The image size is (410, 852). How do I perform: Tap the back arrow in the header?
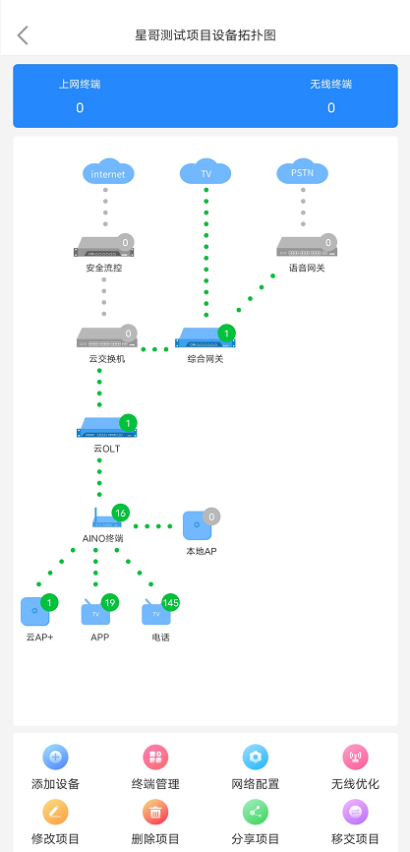(23, 35)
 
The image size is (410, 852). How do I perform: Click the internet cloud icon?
(108, 172)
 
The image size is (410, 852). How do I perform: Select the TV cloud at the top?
(205, 172)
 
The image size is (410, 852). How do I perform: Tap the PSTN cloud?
(303, 172)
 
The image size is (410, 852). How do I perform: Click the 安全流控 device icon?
(103, 247)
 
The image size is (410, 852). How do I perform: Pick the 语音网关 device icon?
(307, 247)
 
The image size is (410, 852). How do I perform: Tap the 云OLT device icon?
(106, 427)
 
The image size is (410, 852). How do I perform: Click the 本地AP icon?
(197, 525)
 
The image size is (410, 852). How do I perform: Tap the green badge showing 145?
(170, 602)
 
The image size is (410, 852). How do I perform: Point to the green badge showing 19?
(110, 602)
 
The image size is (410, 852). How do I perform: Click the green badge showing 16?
(121, 513)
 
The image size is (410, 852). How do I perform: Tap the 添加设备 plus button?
(55, 757)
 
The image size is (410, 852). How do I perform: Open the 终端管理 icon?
(155, 757)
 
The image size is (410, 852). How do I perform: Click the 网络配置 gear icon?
(256, 757)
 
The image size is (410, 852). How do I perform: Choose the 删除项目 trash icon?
(155, 813)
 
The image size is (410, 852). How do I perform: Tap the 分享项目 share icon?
(256, 813)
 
